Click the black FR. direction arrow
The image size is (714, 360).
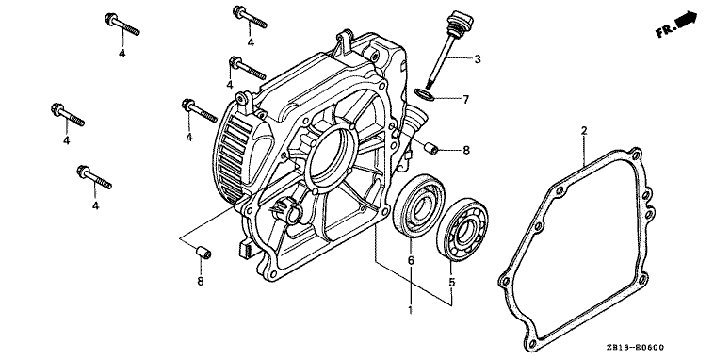click(687, 20)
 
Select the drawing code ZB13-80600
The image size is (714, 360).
click(635, 348)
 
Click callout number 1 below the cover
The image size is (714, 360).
click(411, 310)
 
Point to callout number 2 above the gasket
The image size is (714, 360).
click(584, 131)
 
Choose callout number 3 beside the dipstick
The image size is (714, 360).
click(478, 58)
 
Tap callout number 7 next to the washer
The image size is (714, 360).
click(465, 99)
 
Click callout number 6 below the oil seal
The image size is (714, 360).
click(411, 261)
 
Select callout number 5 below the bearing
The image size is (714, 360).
click(452, 283)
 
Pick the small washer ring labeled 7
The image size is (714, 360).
click(424, 94)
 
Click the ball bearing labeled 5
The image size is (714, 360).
click(462, 229)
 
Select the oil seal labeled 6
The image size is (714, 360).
click(419, 205)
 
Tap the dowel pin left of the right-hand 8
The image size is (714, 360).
click(430, 149)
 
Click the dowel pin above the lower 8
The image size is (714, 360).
click(203, 252)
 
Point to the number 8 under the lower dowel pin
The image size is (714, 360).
click(201, 282)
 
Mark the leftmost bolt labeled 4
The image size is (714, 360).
click(68, 114)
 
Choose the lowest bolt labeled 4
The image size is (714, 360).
click(94, 177)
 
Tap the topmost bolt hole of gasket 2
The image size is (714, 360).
click(636, 153)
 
